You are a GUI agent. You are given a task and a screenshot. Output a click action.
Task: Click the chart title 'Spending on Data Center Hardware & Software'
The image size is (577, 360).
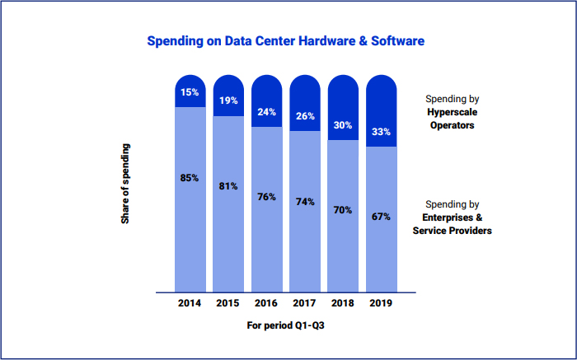tap(285, 40)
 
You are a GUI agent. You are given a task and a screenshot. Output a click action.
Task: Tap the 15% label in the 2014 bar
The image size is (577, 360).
tap(190, 92)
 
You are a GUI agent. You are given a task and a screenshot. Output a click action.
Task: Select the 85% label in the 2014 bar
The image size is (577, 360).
tap(190, 177)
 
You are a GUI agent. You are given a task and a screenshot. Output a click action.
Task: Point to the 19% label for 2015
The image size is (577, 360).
tap(228, 101)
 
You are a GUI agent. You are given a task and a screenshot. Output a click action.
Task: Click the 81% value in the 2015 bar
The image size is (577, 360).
tap(228, 186)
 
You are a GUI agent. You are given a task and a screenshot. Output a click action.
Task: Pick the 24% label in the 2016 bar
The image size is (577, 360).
tap(266, 112)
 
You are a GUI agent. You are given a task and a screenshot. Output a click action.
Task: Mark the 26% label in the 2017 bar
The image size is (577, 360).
tap(305, 116)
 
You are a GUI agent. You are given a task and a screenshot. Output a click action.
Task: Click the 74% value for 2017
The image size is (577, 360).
tap(305, 202)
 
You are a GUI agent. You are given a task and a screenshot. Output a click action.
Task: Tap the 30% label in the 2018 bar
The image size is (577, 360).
tap(343, 125)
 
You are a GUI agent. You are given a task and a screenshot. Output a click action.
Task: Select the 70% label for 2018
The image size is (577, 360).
tap(343, 210)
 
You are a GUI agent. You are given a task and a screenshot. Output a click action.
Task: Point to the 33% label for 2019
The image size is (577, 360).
tap(381, 132)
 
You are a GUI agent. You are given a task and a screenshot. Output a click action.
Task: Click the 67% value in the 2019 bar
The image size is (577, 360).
tap(381, 217)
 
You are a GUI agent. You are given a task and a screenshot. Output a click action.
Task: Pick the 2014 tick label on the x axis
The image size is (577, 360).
tap(190, 303)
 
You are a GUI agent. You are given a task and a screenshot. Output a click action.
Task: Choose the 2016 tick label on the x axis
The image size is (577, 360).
tap(266, 303)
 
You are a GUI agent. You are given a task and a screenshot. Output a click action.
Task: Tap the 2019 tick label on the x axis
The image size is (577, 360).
tap(381, 303)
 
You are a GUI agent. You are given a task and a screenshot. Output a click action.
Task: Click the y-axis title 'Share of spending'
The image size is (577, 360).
tap(125, 184)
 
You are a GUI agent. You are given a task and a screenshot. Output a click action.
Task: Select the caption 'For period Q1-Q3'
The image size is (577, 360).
tap(285, 325)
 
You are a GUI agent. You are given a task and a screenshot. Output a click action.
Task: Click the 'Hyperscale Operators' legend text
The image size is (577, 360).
tap(452, 119)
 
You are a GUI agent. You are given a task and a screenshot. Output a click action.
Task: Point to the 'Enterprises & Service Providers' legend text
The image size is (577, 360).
tap(452, 224)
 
